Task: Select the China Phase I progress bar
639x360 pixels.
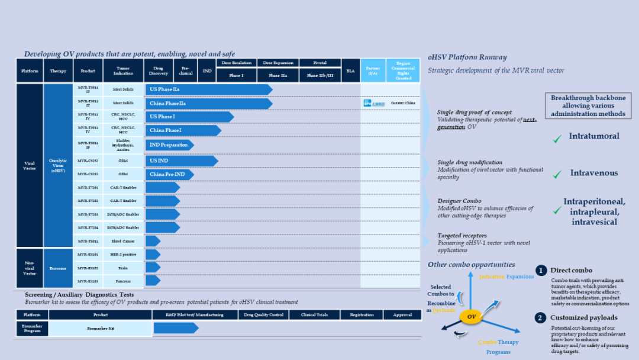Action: tap(183, 130)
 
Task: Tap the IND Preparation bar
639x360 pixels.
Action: tap(169, 144)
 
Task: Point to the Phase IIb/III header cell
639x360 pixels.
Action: tap(319, 75)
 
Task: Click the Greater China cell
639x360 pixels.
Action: tap(403, 103)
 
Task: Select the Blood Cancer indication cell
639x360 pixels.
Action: tap(123, 241)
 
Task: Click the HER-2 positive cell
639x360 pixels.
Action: tap(123, 255)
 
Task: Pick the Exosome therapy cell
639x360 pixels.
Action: tap(58, 268)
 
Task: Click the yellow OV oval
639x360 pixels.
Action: tap(472, 317)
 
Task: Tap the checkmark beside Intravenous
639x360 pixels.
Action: tap(557, 175)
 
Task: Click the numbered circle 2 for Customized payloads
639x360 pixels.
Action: tap(540, 318)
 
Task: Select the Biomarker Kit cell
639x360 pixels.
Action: tap(100, 328)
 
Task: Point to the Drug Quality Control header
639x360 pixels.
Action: tap(264, 315)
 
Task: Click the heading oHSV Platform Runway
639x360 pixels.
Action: tap(467, 57)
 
